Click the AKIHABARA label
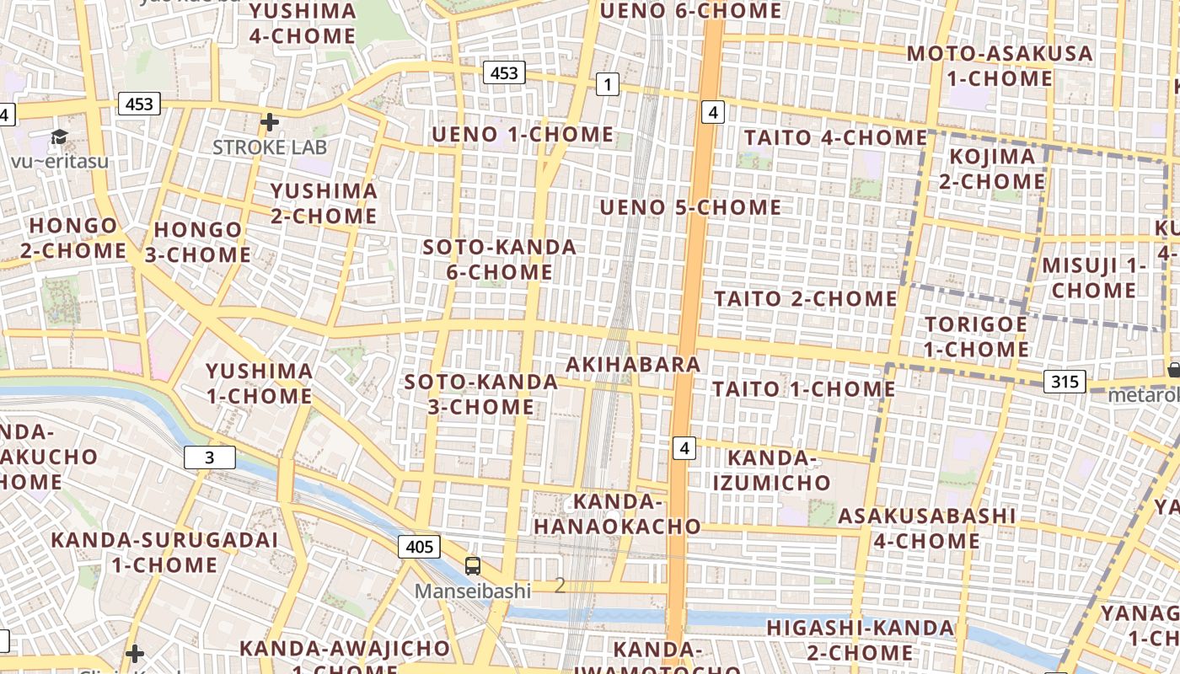click(633, 364)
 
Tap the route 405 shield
click(419, 547)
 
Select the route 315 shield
click(1065, 382)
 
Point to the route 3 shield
click(209, 457)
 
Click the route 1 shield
click(607, 83)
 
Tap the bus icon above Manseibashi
click(473, 566)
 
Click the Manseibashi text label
click(472, 591)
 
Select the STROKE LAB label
click(269, 147)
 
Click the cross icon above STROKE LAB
click(269, 122)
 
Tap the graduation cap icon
click(59, 136)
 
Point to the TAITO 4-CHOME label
click(835, 136)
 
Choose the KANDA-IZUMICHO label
click(771, 470)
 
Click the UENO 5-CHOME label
click(690, 206)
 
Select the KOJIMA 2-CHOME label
click(992, 168)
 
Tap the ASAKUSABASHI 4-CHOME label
click(927, 527)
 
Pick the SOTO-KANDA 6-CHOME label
click(500, 259)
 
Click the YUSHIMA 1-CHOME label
click(260, 383)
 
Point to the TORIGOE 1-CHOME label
click(976, 336)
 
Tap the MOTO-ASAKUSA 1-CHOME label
click(999, 66)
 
